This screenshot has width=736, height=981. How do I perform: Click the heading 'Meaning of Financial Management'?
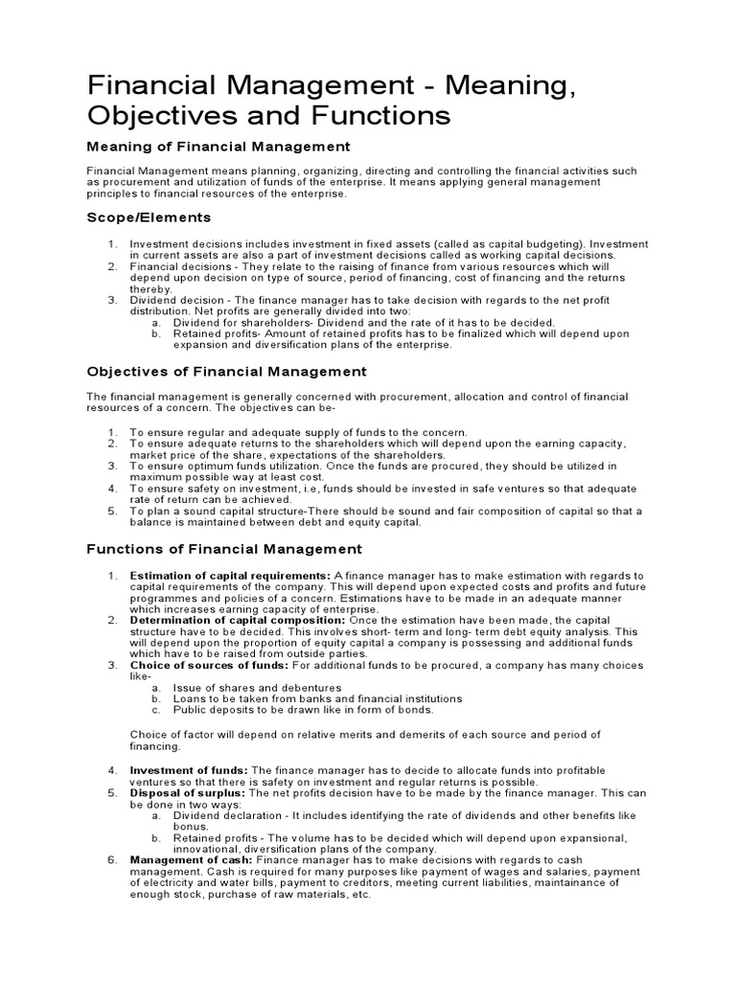pos(218,147)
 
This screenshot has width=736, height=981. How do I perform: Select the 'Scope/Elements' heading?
pos(149,217)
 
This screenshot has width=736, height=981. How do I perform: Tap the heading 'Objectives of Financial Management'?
pos(226,371)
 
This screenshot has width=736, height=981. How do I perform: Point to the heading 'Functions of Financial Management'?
pos(224,549)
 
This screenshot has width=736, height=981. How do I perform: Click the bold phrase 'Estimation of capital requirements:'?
pos(230,576)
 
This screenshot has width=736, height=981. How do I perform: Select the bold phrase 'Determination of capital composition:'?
pos(238,620)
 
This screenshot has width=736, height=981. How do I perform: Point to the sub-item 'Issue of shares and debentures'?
pos(257,688)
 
